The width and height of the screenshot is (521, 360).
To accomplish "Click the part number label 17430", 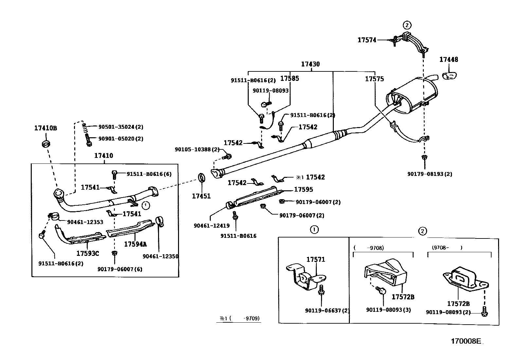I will click(310, 64).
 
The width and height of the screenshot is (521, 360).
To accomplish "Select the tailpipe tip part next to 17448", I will click(450, 76).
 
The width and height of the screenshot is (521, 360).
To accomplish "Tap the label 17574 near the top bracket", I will click(367, 40).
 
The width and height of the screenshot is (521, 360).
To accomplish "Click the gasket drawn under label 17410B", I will click(46, 144).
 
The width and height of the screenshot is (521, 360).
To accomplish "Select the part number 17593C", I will click(87, 253).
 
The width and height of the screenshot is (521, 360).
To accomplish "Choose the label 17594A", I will click(135, 244).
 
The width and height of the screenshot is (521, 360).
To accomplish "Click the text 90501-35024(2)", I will click(121, 127).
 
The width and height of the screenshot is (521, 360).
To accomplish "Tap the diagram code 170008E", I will click(466, 341).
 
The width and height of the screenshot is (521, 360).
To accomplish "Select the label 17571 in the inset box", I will click(315, 259).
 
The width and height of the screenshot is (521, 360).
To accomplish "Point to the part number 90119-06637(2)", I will click(327, 310).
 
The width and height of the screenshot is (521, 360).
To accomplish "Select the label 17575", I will click(374, 79).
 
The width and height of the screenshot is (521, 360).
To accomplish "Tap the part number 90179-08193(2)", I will click(429, 174).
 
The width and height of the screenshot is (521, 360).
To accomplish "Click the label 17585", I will click(290, 79).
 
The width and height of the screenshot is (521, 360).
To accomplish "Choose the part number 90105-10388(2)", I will click(197, 149).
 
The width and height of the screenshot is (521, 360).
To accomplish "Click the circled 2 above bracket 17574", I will click(406, 25).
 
